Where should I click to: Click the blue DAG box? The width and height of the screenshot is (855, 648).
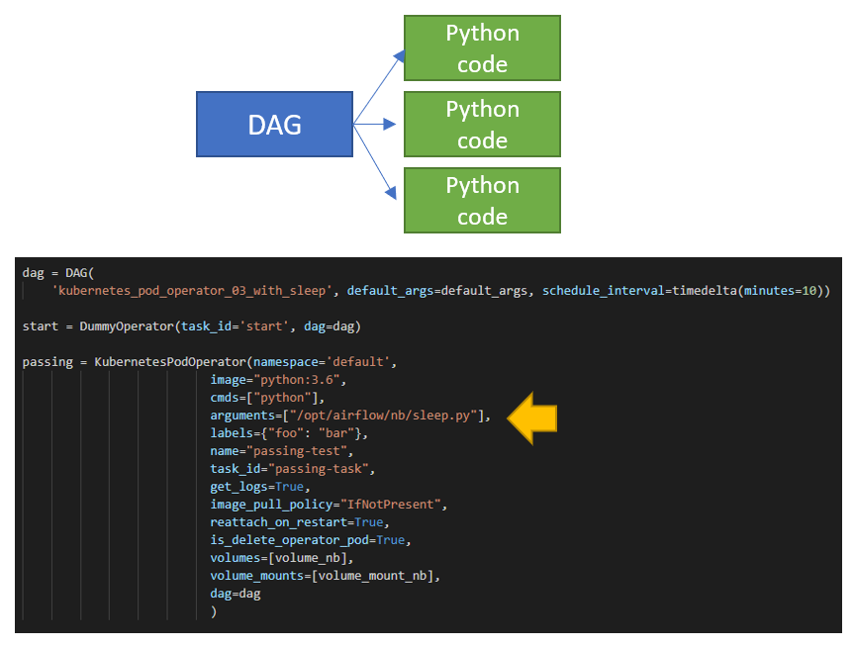tap(274, 125)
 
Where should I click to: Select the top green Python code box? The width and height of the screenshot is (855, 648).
tap(482, 48)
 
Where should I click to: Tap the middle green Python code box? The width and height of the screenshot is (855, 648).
tap(482, 125)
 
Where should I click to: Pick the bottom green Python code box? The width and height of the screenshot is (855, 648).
tap(482, 200)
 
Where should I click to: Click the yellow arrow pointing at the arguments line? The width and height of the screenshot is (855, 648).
tap(532, 416)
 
